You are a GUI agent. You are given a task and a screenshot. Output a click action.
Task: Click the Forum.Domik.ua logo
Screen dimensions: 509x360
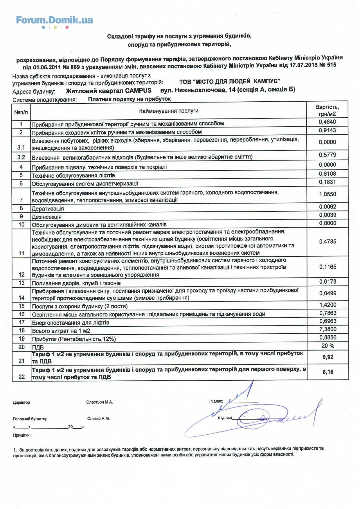point(54,21)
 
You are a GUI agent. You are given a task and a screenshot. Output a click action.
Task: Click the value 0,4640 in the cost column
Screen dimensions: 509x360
point(327,122)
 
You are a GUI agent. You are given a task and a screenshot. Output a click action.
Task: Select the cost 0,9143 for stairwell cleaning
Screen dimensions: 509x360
point(327,130)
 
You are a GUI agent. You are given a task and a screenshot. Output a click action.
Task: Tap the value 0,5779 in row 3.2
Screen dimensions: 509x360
point(327,155)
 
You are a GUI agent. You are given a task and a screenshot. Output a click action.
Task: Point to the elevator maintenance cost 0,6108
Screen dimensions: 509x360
point(327,174)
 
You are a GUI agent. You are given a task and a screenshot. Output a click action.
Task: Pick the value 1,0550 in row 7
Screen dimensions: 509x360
point(327,194)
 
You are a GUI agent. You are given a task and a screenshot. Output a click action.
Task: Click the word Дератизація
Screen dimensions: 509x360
point(48,209)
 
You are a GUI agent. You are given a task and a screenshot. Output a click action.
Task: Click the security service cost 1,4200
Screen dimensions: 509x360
point(327,305)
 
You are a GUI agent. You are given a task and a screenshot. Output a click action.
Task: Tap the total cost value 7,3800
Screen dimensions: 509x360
point(327,329)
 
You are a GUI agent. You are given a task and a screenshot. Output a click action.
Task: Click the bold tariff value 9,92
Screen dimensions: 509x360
point(328,357)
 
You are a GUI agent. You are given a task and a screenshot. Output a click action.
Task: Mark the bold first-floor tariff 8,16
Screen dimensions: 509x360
point(328,372)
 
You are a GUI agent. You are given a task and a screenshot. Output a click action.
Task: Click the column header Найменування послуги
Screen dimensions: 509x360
point(168,111)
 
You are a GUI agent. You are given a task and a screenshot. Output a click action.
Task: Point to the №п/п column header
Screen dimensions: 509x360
point(21,112)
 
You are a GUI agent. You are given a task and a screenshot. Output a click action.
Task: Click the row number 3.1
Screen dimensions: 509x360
point(21,148)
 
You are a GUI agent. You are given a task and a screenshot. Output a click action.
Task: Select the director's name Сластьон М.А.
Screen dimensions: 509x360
point(100,402)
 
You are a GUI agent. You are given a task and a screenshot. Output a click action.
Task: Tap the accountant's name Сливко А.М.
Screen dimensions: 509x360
point(98,419)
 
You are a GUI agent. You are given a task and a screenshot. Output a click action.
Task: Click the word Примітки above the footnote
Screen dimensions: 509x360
point(21,435)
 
